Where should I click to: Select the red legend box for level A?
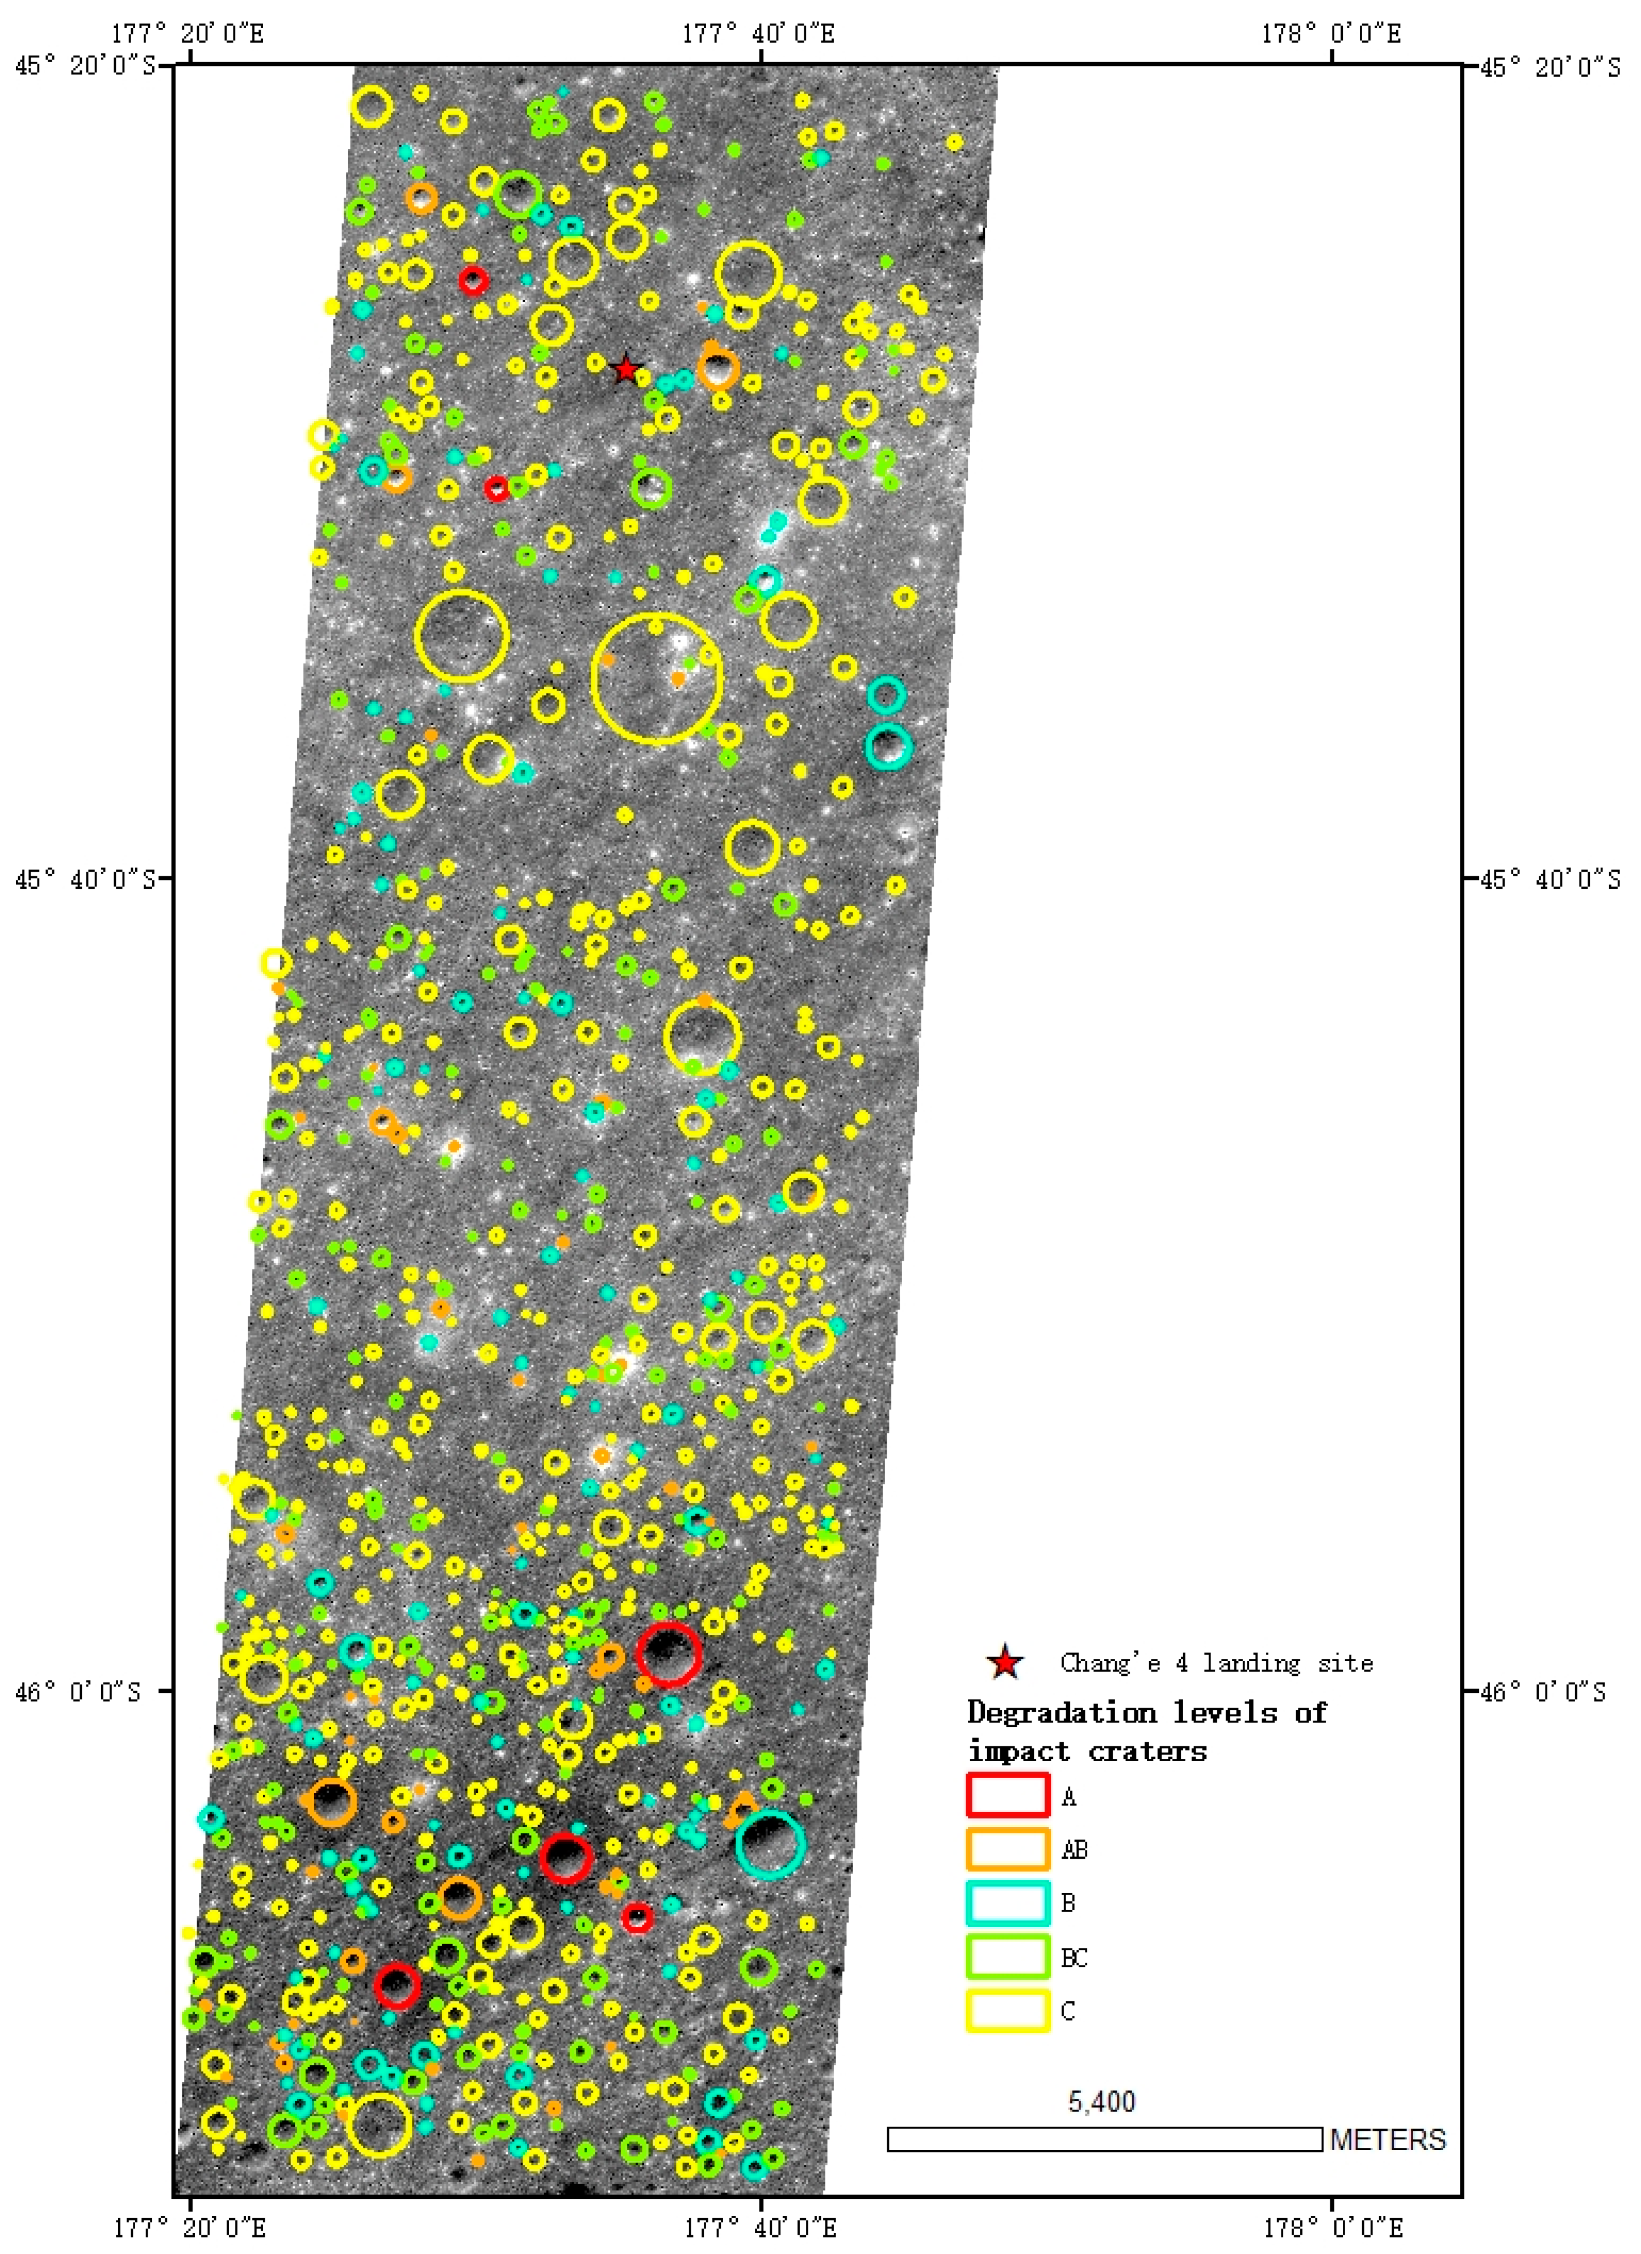point(1008,1795)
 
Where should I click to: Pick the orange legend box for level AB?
point(1008,1849)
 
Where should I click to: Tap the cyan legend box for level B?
point(1008,1902)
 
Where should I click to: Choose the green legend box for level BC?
point(1008,1956)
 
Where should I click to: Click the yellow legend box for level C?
point(1008,2009)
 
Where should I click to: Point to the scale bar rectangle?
point(1104,2139)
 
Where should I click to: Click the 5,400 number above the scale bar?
point(1101,2101)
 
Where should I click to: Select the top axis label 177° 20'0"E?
point(188,34)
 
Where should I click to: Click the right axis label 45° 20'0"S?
point(1551,66)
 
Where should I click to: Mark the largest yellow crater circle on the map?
point(657,678)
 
